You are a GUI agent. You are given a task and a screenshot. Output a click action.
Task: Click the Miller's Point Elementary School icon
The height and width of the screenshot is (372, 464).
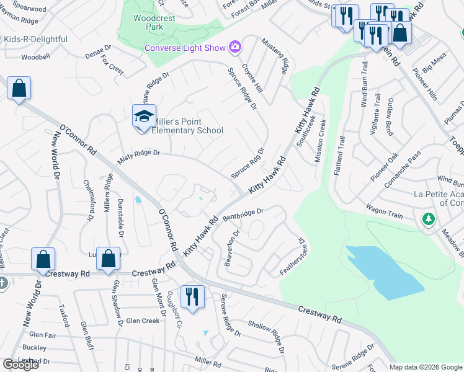pos(143,117)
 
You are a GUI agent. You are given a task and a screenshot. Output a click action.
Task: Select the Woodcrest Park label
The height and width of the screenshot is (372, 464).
pos(148,23)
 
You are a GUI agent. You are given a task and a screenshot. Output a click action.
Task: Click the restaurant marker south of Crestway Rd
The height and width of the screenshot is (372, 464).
pos(192,295)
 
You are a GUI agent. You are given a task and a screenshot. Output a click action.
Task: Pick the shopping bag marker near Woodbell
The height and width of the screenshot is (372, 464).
pos(19,88)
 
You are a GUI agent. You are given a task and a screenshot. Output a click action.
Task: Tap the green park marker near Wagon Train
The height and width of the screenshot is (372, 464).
pos(428,219)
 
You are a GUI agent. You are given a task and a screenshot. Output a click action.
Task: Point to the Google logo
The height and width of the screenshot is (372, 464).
pos(20,364)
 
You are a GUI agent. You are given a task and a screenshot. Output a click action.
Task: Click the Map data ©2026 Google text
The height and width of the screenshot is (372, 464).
pos(426,366)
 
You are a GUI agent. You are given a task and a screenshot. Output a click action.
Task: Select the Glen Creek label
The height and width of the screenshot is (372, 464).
pos(143,321)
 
